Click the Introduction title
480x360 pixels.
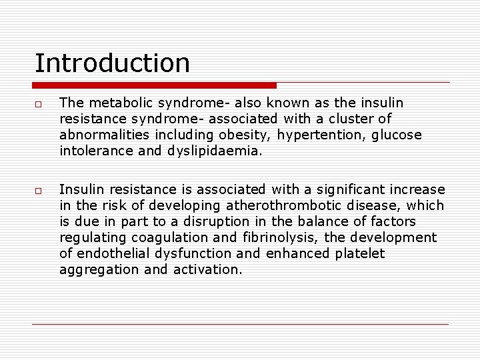pos(112,63)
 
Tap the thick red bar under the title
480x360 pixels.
pos(154,85)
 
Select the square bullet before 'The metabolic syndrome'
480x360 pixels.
pos(39,104)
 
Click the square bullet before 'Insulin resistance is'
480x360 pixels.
pos(39,191)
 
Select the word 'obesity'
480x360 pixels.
pos(232,135)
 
